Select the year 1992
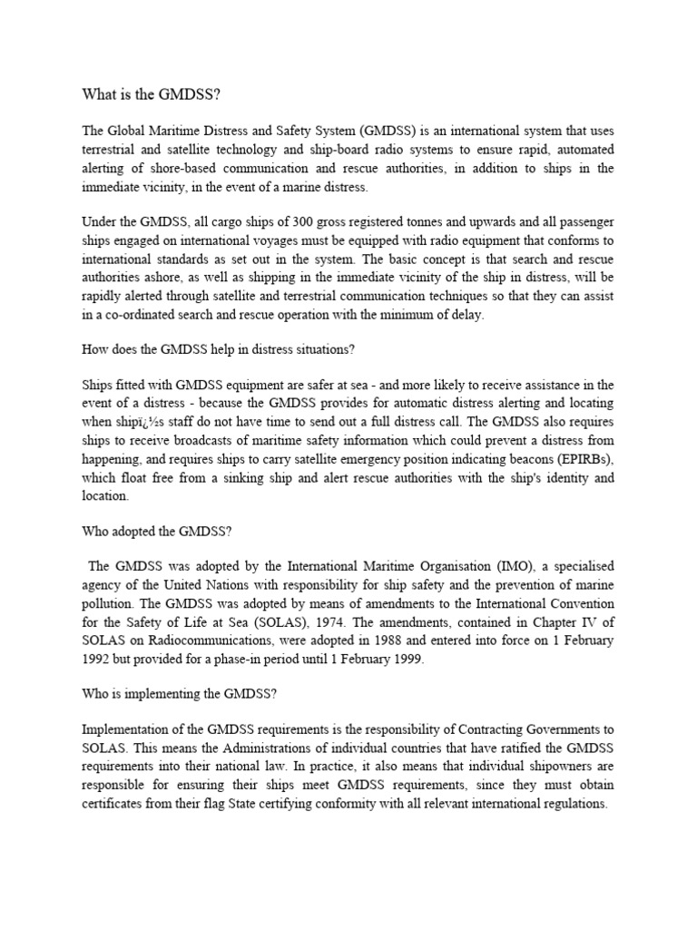(99, 659)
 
